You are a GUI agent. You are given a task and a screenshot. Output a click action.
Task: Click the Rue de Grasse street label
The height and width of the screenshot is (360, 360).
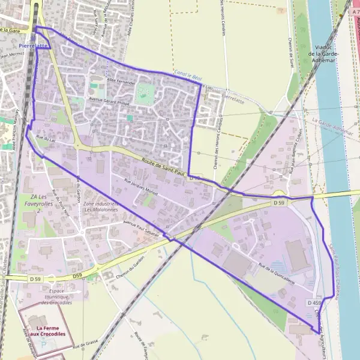tap(86, 344)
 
